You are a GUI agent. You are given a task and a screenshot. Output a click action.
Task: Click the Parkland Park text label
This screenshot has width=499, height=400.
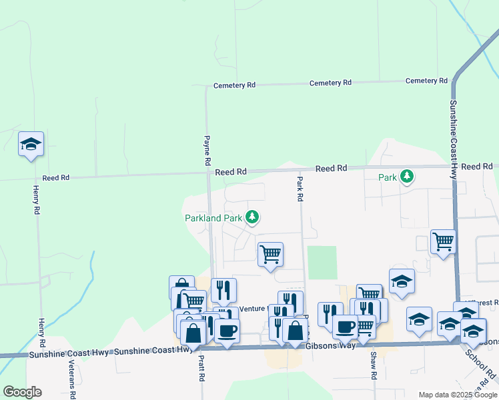213,217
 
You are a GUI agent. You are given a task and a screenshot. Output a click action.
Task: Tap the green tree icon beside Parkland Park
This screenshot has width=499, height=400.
252,217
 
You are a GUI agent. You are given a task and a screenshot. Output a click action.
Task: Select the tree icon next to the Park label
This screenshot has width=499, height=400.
407,177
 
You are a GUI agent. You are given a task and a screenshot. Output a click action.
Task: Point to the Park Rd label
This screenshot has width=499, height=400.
300,189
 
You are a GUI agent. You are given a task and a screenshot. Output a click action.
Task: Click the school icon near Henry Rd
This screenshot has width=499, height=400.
31,144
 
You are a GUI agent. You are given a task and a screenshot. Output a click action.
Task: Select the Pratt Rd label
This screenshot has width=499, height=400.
201,367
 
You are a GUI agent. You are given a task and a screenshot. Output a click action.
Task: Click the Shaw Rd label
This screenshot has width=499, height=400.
374,367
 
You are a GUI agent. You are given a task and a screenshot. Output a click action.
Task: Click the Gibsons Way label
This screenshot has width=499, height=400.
328,347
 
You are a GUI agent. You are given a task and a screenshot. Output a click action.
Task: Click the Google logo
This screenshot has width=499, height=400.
22,392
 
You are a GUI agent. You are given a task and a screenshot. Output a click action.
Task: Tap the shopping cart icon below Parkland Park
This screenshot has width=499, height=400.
270,254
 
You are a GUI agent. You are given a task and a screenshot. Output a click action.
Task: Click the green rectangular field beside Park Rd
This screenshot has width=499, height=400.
322,263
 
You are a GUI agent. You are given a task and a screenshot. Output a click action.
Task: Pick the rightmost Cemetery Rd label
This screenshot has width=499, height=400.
427,81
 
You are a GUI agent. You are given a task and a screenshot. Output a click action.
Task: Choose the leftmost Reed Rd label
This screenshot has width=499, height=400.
56,178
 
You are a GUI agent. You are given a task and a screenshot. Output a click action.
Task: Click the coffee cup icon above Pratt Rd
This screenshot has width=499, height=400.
227,330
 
